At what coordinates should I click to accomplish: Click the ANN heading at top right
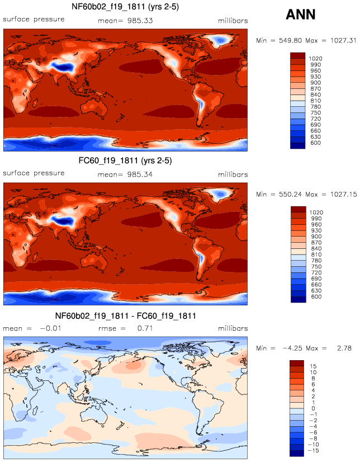(300, 15)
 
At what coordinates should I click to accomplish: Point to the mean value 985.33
(140, 21)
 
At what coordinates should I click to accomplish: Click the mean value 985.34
(140, 175)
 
